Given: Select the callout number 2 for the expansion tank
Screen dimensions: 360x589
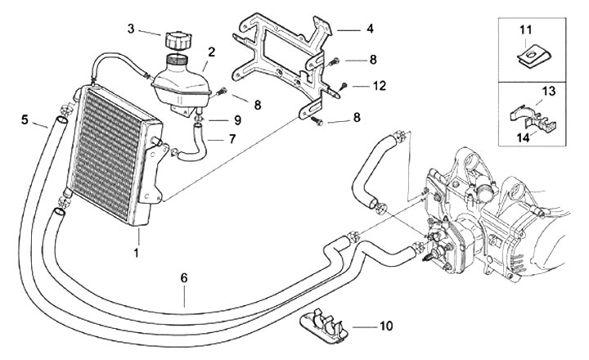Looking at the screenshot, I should click(x=212, y=52).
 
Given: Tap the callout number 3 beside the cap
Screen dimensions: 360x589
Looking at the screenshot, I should click(x=132, y=29).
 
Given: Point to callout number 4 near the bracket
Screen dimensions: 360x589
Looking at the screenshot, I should click(x=371, y=29).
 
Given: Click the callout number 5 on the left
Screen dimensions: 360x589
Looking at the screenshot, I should click(x=24, y=119).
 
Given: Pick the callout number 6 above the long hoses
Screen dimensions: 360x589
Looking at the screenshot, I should click(x=185, y=278).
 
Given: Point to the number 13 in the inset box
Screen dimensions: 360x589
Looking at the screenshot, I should click(x=548, y=89).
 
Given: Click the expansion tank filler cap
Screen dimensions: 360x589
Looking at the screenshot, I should click(x=178, y=40).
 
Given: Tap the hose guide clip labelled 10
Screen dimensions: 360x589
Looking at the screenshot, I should click(x=323, y=326).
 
